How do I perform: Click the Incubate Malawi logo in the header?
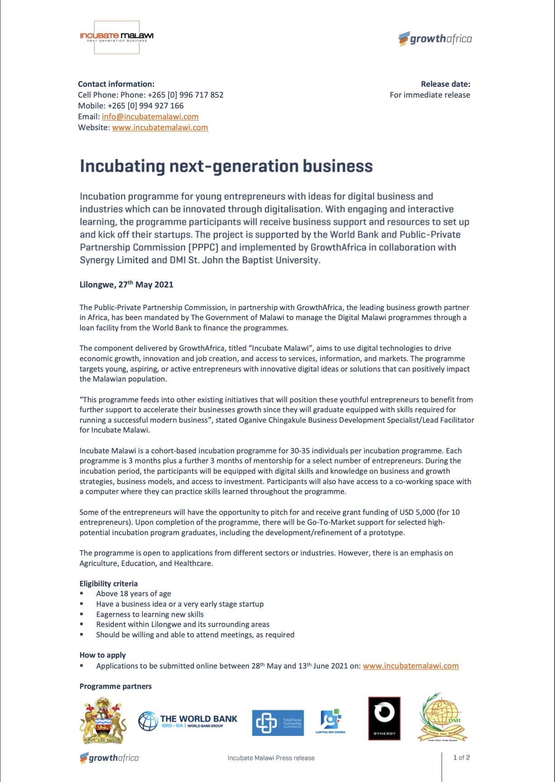[x=117, y=37]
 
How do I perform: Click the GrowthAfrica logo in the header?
[x=435, y=39]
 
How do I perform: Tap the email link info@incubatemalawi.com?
[x=150, y=117]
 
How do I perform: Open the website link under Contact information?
[x=160, y=127]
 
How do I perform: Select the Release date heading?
[x=445, y=84]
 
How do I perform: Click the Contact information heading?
[x=116, y=84]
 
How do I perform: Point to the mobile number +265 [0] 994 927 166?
[x=146, y=106]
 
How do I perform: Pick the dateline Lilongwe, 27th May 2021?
[x=127, y=285]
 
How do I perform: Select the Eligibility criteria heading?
[x=108, y=584]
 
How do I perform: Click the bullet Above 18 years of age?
[x=133, y=594]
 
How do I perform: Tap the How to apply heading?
[x=103, y=655]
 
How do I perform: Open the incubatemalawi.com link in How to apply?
[x=410, y=666]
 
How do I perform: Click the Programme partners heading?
[x=116, y=686]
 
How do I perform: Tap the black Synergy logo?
[x=384, y=719]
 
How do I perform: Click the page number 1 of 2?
[x=461, y=758]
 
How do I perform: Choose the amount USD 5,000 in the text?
[x=417, y=512]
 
